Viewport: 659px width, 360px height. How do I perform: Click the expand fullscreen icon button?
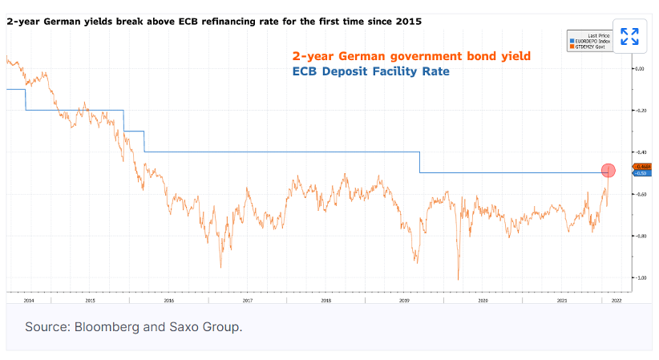(629, 36)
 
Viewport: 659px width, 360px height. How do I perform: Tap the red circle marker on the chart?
(608, 170)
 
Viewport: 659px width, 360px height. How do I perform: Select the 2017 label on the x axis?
(247, 301)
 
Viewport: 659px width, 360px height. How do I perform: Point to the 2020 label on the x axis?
(483, 301)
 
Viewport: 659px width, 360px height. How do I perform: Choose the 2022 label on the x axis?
(616, 301)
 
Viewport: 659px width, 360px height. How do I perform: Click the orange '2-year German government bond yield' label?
(411, 56)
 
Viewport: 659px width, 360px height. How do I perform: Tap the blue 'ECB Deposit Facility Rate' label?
(371, 71)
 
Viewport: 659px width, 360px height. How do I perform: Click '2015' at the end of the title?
(408, 19)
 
